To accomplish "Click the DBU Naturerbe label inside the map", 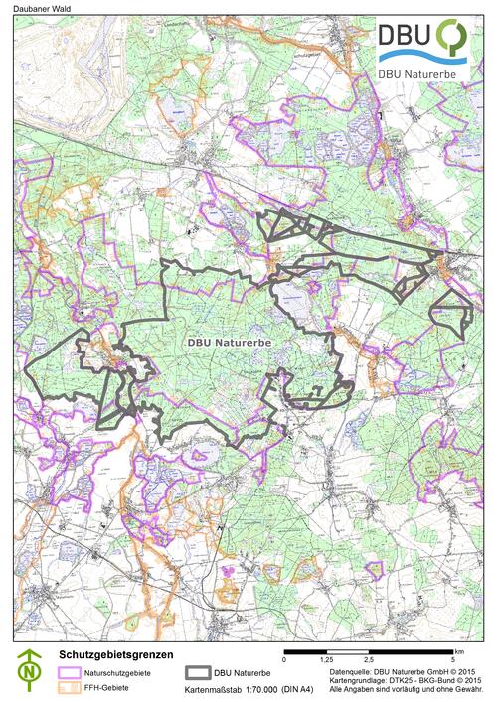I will tap(230, 341).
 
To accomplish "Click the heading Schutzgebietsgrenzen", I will tap(116, 655).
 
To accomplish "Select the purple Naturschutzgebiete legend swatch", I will tap(70, 672).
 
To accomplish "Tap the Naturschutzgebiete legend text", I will tap(118, 672).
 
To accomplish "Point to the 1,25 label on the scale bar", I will tap(326, 659).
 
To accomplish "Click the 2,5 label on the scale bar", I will tap(368, 659).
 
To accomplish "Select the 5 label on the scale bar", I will tap(452, 659).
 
